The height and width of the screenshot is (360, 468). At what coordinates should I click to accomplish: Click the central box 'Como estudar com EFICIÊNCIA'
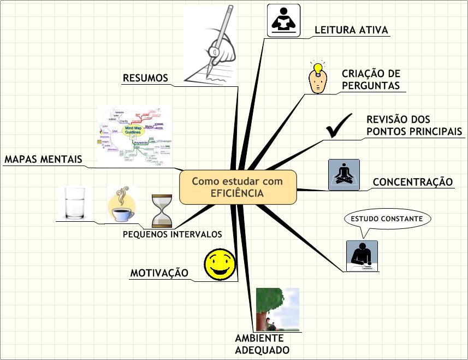pyautogui.click(x=238, y=187)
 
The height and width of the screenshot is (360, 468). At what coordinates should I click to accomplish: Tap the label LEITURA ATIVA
pyautogui.click(x=351, y=30)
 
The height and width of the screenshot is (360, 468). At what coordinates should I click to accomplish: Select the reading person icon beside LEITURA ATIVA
pyautogui.click(x=283, y=21)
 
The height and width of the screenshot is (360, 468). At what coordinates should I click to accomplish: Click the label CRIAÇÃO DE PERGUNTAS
pyautogui.click(x=371, y=79)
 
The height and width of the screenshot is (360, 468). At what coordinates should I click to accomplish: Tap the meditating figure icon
pyautogui.click(x=344, y=175)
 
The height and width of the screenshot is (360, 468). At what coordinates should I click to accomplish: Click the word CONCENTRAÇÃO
pyautogui.click(x=412, y=182)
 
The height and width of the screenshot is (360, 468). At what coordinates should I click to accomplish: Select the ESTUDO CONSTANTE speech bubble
pyautogui.click(x=387, y=219)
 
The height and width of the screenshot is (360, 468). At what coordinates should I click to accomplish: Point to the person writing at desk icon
pyautogui.click(x=362, y=256)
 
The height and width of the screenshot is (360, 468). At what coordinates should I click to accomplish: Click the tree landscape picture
pyautogui.click(x=278, y=310)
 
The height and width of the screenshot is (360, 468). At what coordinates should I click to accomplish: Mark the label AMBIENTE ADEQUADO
pyautogui.click(x=262, y=344)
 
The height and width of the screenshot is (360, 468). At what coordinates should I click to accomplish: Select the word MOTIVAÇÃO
pyautogui.click(x=159, y=273)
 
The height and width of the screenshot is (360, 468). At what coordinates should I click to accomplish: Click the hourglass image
pyautogui.click(x=162, y=210)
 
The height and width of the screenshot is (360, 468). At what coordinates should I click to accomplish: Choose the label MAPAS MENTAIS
pyautogui.click(x=43, y=160)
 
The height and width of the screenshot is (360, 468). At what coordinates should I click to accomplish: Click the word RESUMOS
pyautogui.click(x=145, y=78)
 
